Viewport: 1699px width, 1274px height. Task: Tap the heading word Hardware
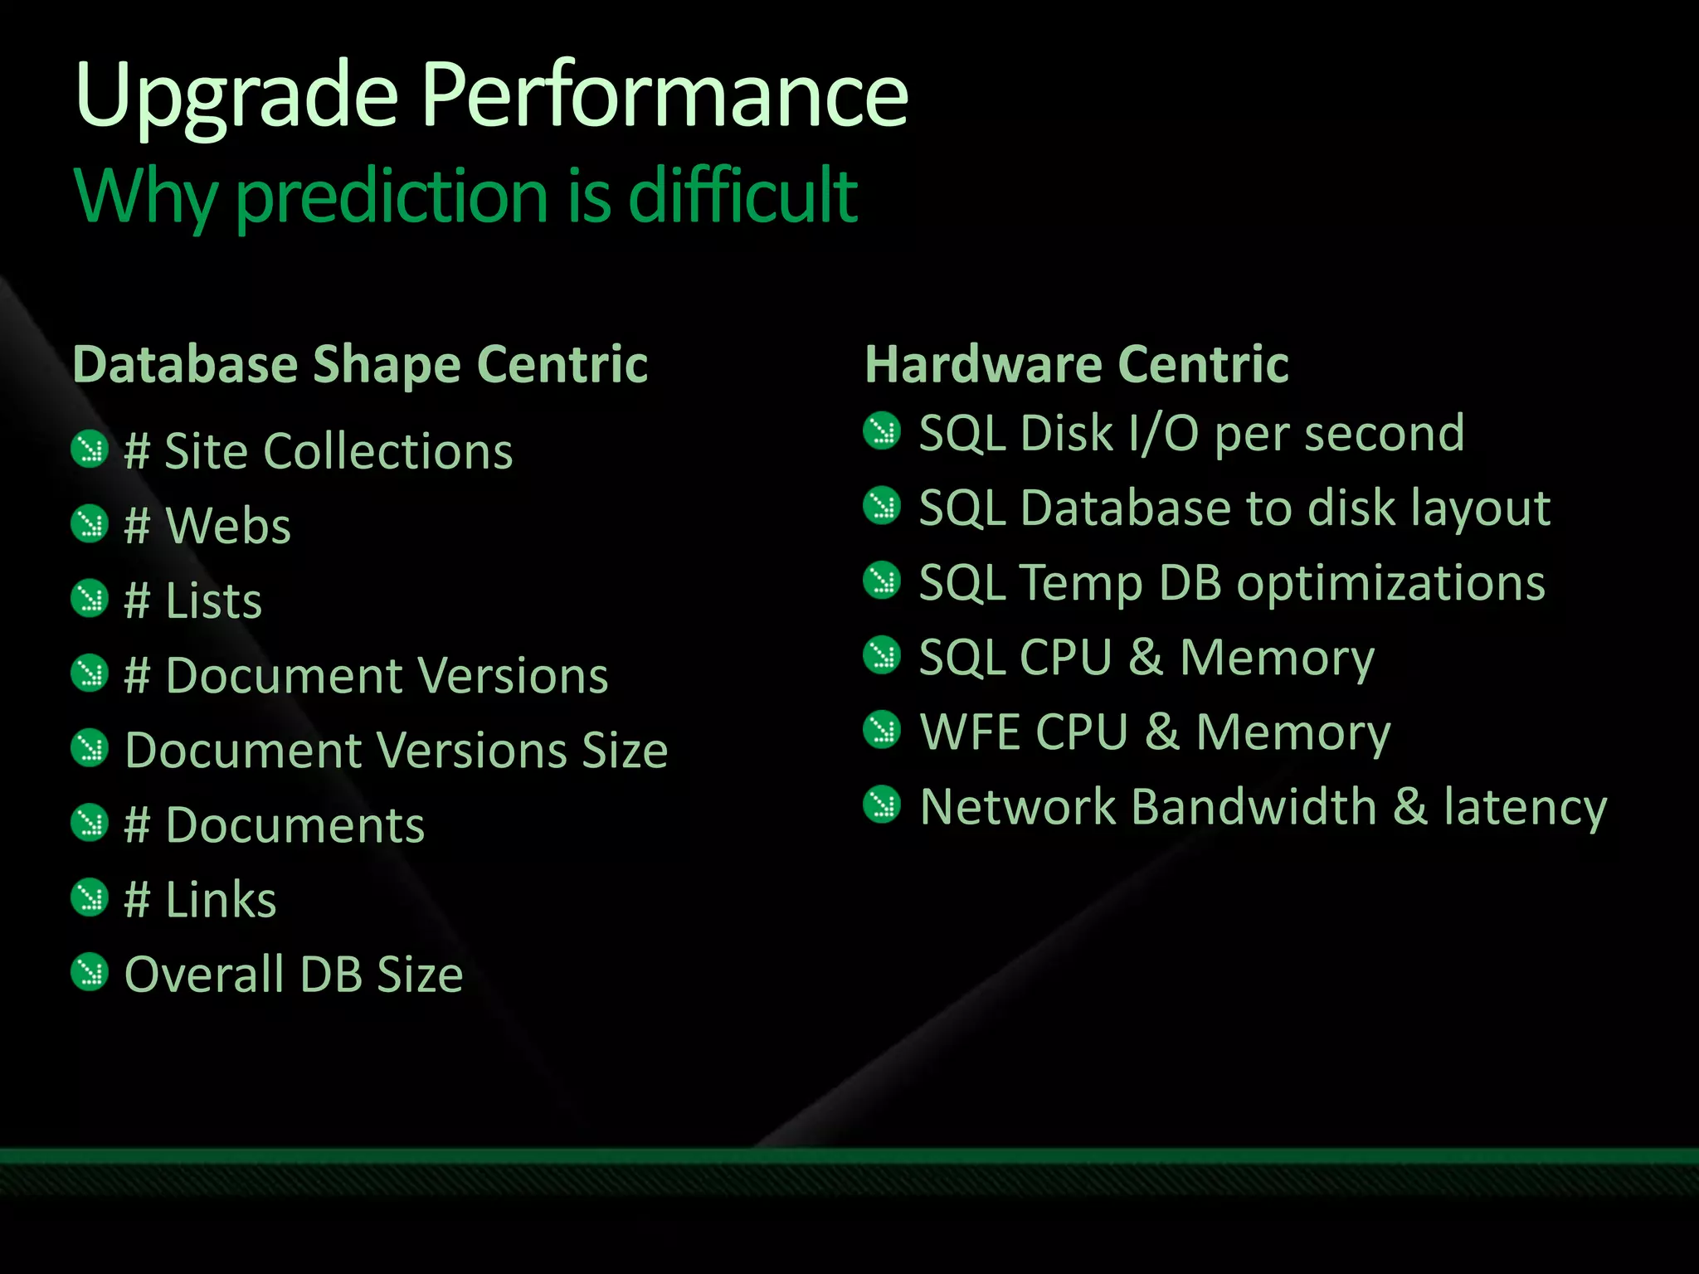click(982, 364)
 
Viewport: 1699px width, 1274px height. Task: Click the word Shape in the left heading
click(386, 366)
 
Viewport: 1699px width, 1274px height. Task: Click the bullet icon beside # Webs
click(90, 524)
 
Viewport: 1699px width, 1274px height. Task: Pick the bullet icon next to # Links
click(90, 897)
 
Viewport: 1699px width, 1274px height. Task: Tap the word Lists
click(213, 601)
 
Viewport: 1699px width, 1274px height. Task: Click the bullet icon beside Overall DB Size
click(90, 972)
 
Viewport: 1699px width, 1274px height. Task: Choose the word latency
click(1525, 808)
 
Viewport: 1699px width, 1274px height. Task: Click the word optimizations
click(1390, 584)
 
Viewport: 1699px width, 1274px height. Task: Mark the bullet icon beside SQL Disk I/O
click(881, 430)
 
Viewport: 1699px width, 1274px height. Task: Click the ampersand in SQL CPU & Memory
click(1146, 658)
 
